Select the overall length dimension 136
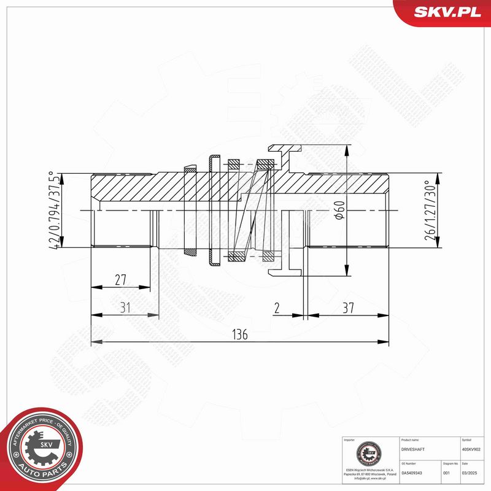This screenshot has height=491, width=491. [x=239, y=334]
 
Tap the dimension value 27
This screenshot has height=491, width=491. [x=120, y=280]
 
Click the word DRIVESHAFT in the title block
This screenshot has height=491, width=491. [x=412, y=449]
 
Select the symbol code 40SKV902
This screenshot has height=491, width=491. [x=471, y=449]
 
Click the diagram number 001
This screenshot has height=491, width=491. [x=446, y=473]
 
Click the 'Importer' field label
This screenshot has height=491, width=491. [x=350, y=440]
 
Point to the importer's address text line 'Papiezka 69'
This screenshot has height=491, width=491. [x=369, y=475]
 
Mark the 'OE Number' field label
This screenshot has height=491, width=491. [x=408, y=464]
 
